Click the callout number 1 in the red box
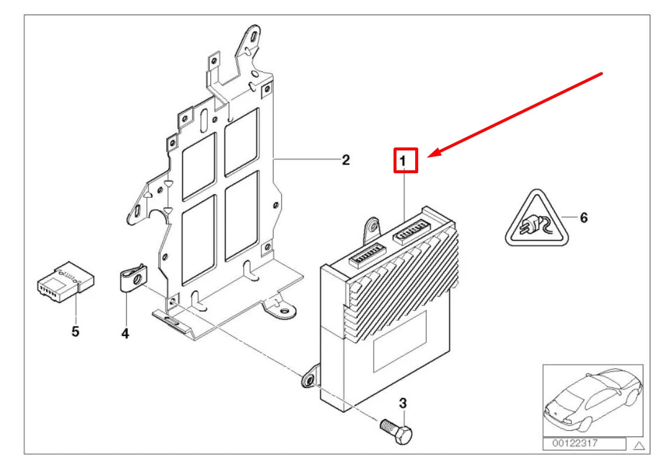coord(403,161)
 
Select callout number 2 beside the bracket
coord(346,160)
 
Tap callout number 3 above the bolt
coord(403,403)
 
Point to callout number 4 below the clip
coord(125,334)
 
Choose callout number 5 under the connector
coord(75,331)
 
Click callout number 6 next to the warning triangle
coord(584,218)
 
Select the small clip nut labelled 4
coord(132,277)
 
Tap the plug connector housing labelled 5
coord(65,281)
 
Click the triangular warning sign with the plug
coord(537,218)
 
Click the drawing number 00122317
coord(575,444)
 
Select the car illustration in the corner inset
coord(593,399)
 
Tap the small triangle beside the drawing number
coord(639,445)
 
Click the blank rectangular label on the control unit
coord(399,341)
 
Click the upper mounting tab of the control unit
coord(373,231)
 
